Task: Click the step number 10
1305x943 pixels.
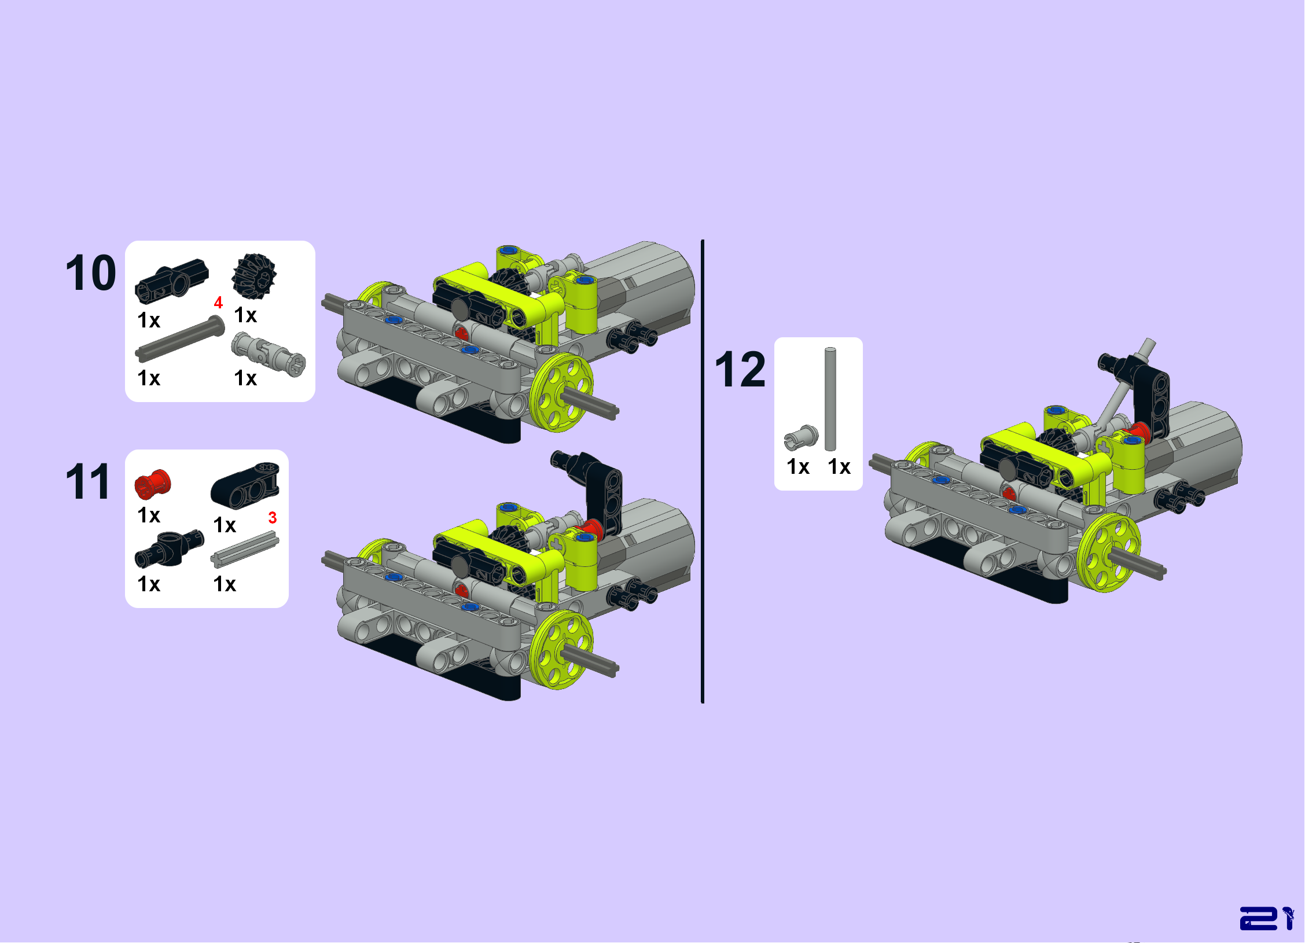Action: (x=91, y=272)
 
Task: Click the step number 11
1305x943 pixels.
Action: (x=88, y=481)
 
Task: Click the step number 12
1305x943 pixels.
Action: (x=740, y=369)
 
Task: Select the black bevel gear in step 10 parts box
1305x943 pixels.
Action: (x=254, y=276)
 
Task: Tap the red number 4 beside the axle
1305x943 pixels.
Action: (x=218, y=303)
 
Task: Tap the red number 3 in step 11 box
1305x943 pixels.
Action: (x=273, y=518)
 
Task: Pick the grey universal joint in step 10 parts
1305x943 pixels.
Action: (x=269, y=354)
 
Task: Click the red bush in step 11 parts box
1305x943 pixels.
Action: (x=153, y=484)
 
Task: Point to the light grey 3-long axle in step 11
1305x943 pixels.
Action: (x=245, y=550)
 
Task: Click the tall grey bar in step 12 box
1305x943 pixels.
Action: (x=830, y=399)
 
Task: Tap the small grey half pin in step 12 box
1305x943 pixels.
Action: (x=802, y=437)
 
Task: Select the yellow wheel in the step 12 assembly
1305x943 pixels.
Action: (x=1108, y=552)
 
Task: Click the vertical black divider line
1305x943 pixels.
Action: (x=703, y=471)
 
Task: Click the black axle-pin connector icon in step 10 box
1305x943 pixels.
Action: (x=172, y=281)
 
